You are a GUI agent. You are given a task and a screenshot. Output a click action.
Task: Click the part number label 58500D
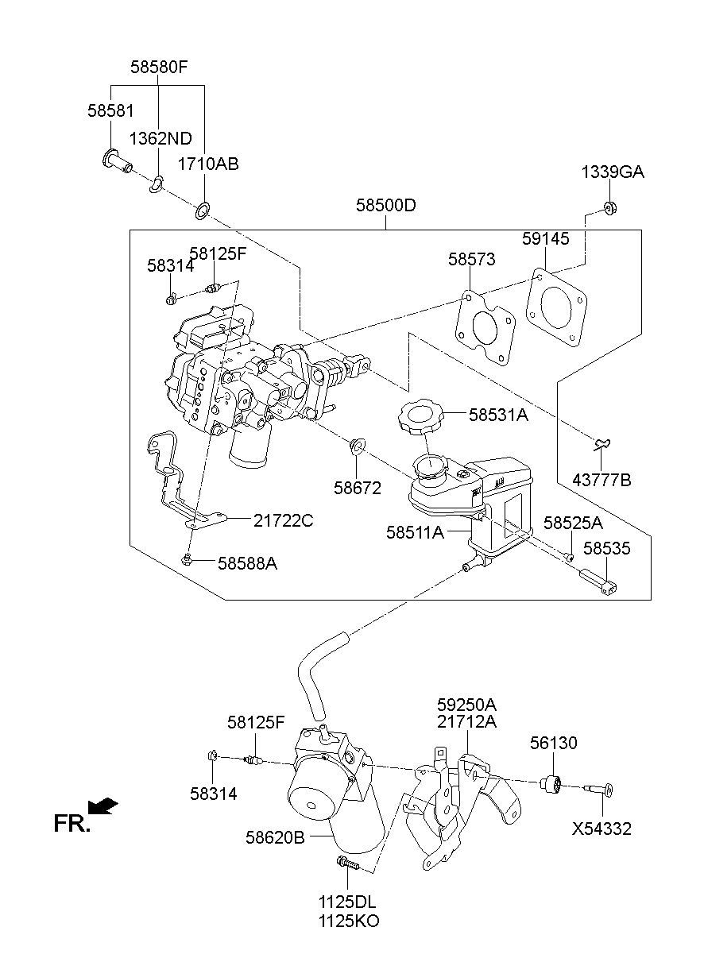[x=385, y=205]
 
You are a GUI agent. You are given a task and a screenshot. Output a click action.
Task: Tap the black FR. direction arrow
[x=103, y=806]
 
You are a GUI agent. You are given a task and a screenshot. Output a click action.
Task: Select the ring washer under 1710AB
[x=203, y=211]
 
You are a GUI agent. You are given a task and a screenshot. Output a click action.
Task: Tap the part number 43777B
[x=601, y=480]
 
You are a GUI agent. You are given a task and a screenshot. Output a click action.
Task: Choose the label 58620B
[x=275, y=836]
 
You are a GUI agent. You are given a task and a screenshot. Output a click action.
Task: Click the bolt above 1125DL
[x=348, y=863]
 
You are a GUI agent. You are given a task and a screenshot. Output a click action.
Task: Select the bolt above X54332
[x=598, y=789]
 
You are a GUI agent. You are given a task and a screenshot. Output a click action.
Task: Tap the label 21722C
[x=283, y=521]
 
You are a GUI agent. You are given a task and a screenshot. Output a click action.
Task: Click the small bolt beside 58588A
[x=187, y=558]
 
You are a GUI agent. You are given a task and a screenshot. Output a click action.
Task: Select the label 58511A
[x=415, y=532]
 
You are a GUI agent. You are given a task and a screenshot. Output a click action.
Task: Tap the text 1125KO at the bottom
[x=349, y=921]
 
